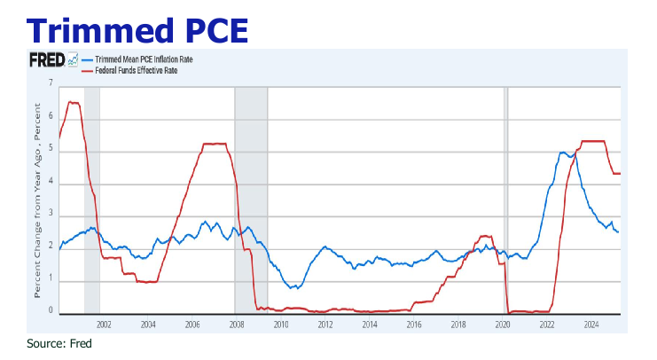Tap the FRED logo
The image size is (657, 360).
[43, 60]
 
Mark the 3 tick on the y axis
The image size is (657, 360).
[51, 215]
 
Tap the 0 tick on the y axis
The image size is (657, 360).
[51, 312]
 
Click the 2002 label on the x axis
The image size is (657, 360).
[103, 325]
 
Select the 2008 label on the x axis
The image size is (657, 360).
[236, 325]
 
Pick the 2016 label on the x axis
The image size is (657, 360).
[414, 325]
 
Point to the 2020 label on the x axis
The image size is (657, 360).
[503, 325]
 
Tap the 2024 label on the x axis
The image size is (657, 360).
[591, 325]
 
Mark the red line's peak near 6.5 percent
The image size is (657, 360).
[73, 103]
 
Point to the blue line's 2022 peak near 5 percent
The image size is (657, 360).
[564, 153]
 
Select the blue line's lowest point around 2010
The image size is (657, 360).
[296, 288]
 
